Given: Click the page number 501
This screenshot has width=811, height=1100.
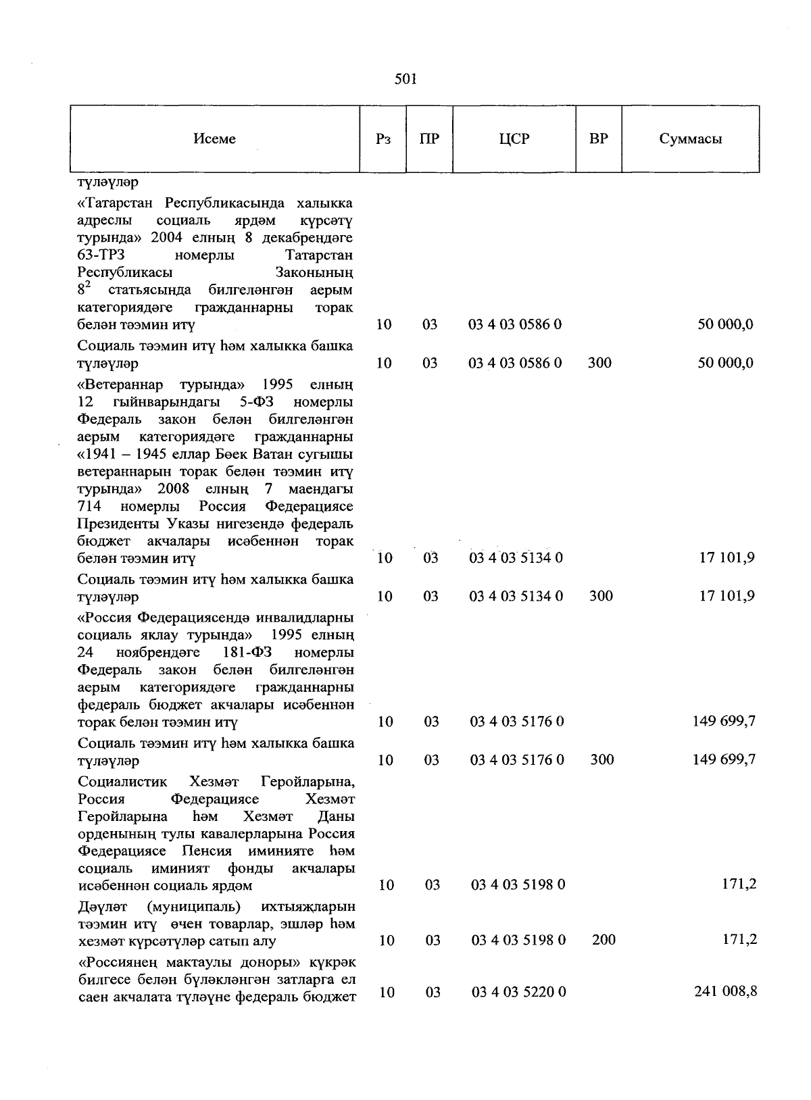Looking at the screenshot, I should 405,80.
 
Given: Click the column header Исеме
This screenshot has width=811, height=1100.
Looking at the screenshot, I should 214,139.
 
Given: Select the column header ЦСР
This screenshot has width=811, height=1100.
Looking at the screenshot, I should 514,139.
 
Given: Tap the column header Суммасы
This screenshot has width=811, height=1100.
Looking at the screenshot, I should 690,139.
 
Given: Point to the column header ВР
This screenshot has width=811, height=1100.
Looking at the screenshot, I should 598,139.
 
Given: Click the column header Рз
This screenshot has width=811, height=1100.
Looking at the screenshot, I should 383,139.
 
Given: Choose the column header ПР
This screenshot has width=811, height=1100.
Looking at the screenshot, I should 429,139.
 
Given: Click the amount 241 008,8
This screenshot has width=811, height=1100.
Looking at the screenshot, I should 725,991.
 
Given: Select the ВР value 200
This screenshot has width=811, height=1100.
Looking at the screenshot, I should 603,939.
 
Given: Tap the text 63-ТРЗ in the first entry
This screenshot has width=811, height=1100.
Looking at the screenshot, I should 101,255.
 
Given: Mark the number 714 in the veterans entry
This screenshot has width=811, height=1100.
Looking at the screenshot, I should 89,506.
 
